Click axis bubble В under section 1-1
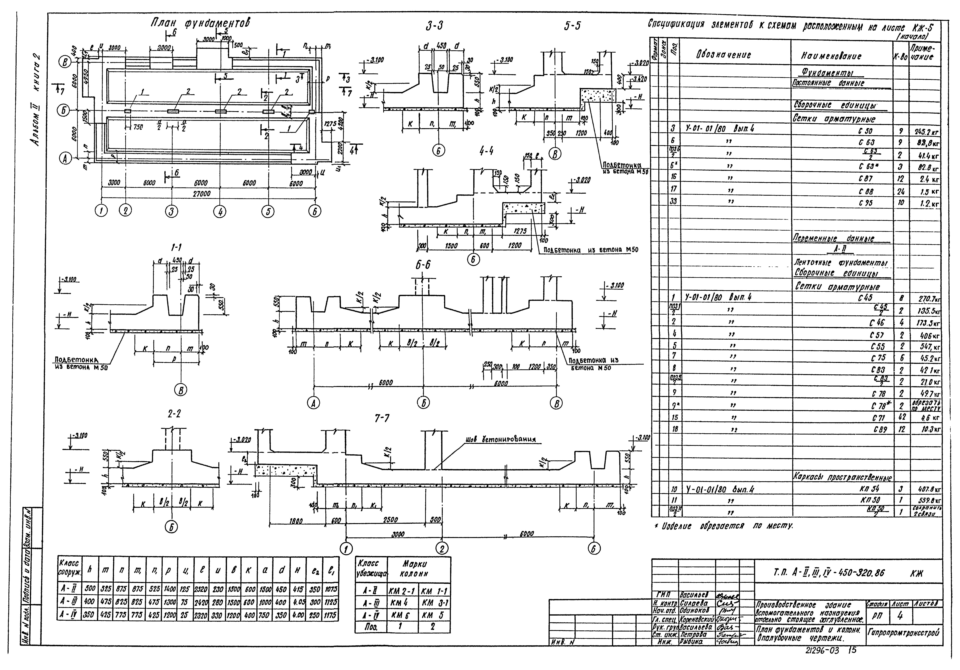click(x=181, y=390)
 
